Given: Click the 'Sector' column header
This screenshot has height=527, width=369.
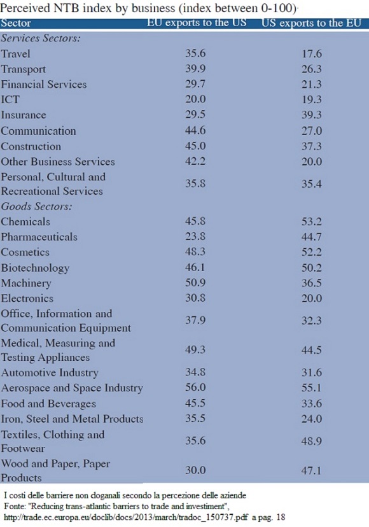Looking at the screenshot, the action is point(16,23).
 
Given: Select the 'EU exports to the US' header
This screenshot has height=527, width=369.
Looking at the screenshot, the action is point(197,23).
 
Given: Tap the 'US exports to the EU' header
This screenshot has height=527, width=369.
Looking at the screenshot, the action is point(311,23).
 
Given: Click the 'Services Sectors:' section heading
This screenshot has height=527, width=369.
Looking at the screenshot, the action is point(41,38).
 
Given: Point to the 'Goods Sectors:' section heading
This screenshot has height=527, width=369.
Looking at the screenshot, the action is point(36,206).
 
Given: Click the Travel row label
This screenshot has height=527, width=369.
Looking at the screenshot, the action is point(15,53).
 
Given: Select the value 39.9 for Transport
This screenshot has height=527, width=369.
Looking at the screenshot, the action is point(195,69).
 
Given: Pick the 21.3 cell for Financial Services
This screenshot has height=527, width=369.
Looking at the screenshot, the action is point(312,84).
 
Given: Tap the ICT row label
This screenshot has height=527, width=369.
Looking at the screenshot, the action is point(10,99).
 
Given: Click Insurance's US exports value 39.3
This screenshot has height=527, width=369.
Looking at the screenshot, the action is point(312,115).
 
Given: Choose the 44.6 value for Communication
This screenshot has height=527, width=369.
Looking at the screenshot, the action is point(195,130).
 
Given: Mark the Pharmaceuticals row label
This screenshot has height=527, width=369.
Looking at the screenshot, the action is point(39,237).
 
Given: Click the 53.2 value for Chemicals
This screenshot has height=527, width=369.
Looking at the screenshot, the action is point(312,221).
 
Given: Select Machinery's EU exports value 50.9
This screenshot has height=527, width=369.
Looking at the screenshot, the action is point(195,283).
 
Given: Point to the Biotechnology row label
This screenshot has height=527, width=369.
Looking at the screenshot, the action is point(35,268).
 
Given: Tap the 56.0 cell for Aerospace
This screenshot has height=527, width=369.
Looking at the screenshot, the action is point(195,388).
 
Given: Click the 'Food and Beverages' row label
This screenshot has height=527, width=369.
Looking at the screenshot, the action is point(48,404).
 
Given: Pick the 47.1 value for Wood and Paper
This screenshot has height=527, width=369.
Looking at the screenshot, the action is point(312,470).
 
